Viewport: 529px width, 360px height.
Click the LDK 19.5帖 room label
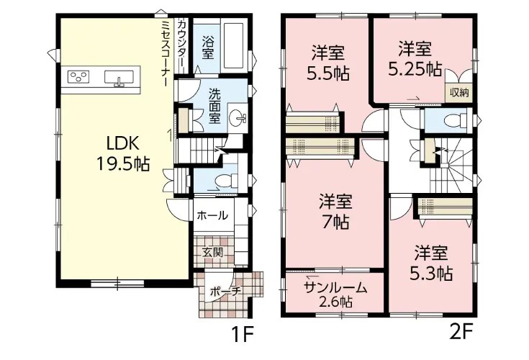click(x=123, y=154)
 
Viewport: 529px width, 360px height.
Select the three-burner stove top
click(x=78, y=76)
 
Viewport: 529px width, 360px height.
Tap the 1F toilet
click(x=227, y=181)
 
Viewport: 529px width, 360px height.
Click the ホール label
click(x=212, y=215)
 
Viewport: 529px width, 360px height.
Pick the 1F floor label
click(x=243, y=334)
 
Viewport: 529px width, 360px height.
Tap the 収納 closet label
click(x=459, y=92)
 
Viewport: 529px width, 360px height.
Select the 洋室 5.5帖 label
click(x=327, y=63)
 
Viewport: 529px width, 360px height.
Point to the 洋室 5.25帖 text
click(x=415, y=59)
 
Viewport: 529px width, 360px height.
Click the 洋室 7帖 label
click(x=335, y=212)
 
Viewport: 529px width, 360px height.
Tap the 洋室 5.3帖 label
click(x=431, y=264)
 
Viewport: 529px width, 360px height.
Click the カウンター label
click(x=181, y=44)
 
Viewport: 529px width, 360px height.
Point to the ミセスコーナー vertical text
click(x=166, y=53)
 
